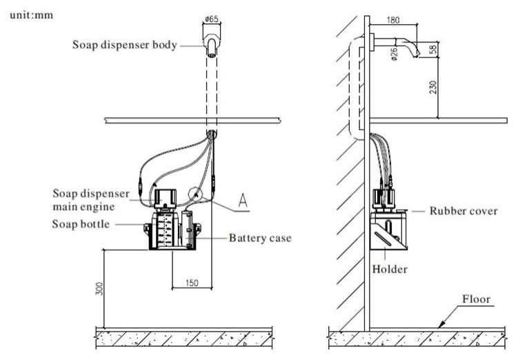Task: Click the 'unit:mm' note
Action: click(x=32, y=15)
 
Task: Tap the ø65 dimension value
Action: click(x=212, y=19)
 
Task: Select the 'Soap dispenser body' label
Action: click(x=125, y=45)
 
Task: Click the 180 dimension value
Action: click(x=392, y=20)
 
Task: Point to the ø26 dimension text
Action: click(x=393, y=54)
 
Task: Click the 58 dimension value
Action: click(x=432, y=50)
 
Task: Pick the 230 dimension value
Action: click(x=433, y=87)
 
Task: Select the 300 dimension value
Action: click(x=99, y=289)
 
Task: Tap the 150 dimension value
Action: click(x=192, y=283)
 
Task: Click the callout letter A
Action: click(x=243, y=201)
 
